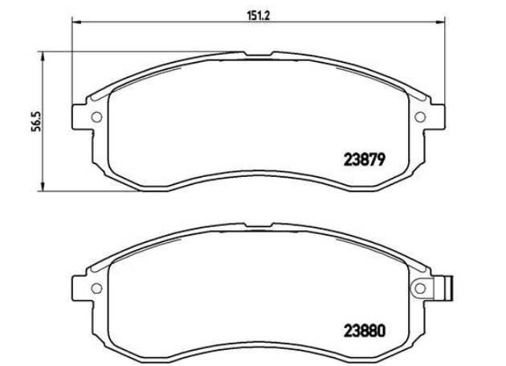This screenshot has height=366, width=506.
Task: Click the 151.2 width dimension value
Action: [258, 16]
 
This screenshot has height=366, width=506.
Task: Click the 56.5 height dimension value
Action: [36, 121]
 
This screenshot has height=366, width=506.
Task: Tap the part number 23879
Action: [365, 159]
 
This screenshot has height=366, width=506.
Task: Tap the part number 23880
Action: [365, 331]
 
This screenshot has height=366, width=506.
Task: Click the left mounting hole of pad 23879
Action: [96, 117]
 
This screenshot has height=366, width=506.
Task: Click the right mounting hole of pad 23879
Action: [420, 117]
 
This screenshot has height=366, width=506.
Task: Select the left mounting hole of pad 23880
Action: [96, 288]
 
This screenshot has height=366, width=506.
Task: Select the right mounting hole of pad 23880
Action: [420, 288]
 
